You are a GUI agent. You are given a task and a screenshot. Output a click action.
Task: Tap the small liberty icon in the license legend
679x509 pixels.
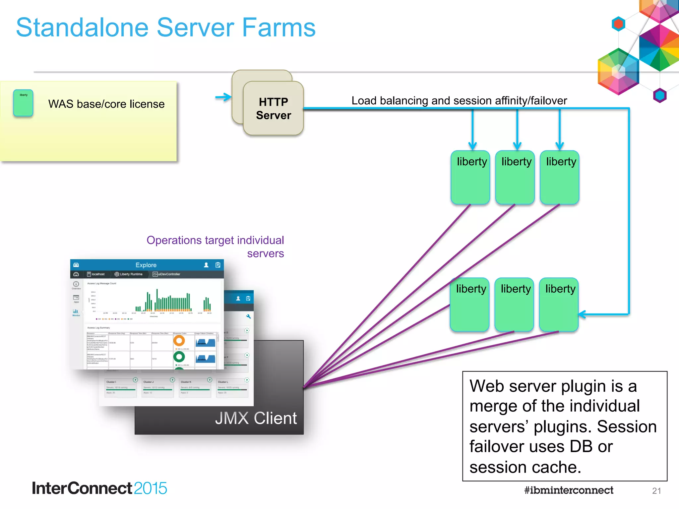click(23, 103)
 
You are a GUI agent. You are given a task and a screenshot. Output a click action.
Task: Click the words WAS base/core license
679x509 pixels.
click(106, 104)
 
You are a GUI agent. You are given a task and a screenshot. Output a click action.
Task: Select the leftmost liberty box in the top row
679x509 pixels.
click(470, 177)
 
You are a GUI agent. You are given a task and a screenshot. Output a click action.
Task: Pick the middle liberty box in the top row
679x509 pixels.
click(515, 177)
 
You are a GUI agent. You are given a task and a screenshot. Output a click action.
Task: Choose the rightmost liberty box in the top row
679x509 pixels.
click(560, 177)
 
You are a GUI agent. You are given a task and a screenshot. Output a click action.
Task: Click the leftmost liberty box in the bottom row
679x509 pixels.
click(469, 304)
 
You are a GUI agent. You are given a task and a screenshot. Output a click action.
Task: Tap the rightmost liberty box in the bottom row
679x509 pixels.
click(559, 304)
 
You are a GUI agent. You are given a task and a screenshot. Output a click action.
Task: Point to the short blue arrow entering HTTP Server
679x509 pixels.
click(223, 97)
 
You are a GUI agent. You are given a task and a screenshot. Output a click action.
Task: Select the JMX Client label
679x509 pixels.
click(256, 418)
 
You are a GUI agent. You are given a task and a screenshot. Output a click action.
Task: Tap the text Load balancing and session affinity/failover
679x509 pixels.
click(459, 100)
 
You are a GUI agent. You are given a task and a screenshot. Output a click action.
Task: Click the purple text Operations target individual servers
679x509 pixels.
click(216, 247)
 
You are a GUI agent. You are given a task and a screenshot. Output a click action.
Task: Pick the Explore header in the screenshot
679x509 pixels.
click(146, 265)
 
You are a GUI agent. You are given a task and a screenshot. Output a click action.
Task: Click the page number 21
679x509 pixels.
click(656, 491)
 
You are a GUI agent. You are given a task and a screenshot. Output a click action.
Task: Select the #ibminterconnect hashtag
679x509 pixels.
click(569, 490)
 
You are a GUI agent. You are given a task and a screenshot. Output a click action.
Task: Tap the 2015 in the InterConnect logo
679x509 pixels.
click(151, 488)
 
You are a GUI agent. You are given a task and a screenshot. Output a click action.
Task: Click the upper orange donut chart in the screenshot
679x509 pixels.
click(179, 340)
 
